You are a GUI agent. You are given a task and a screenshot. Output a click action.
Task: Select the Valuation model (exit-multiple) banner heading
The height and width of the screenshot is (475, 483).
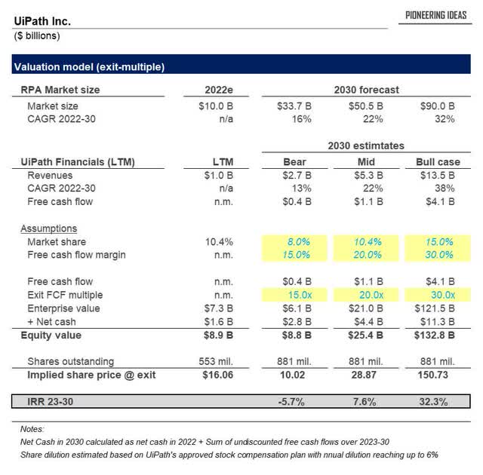90,67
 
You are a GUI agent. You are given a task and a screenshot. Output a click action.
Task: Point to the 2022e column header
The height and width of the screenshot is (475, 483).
217,90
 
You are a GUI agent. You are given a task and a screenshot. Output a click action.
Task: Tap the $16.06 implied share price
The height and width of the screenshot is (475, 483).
217,375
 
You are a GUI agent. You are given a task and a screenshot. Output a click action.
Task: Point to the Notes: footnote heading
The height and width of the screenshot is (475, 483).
32,428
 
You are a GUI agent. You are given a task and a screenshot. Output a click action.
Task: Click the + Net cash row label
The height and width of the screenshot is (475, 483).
55,322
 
